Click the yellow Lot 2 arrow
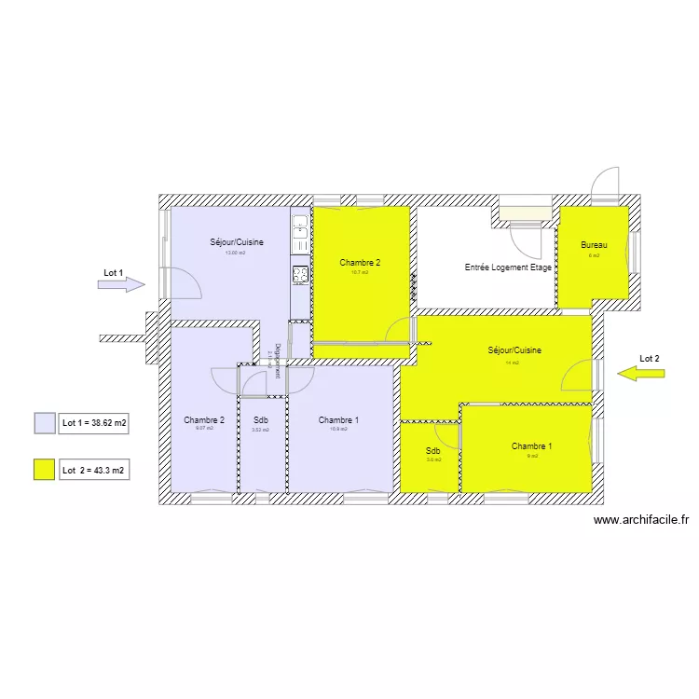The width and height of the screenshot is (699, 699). pos(642,374)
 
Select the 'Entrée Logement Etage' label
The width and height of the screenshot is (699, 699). pos(509,267)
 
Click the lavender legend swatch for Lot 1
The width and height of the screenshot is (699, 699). pos(45,423)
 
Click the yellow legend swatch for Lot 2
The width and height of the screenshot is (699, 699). pos(45,470)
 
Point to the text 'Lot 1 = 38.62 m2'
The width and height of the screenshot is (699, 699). pos(94,423)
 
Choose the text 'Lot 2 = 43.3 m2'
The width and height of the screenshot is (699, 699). pos(94,471)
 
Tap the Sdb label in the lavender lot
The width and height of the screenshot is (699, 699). pos(260,420)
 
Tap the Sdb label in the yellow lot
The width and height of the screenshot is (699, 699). pos(433,450)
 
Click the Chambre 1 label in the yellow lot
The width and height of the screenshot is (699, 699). pos(531,447)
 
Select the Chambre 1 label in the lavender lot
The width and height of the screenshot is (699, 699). pos(338,420)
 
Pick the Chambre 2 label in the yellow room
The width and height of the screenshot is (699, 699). pos(360,263)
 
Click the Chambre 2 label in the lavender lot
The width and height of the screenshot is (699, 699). pos(204,420)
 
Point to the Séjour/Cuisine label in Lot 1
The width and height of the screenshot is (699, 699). pos(236,242)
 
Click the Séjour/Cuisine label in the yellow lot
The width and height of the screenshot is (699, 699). pos(514,351)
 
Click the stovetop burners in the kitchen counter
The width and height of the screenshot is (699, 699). pos(301,274)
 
